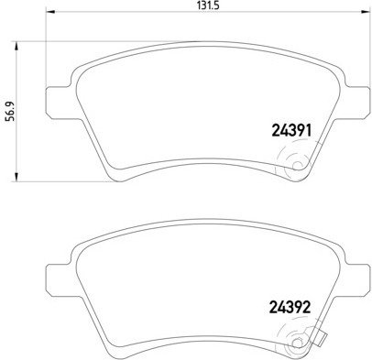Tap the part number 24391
point(291,131)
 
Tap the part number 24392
point(290,307)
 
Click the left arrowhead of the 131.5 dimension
point(50,12)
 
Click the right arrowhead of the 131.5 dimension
point(365,12)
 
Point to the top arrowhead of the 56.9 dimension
point(16,47)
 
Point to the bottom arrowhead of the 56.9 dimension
point(16,177)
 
